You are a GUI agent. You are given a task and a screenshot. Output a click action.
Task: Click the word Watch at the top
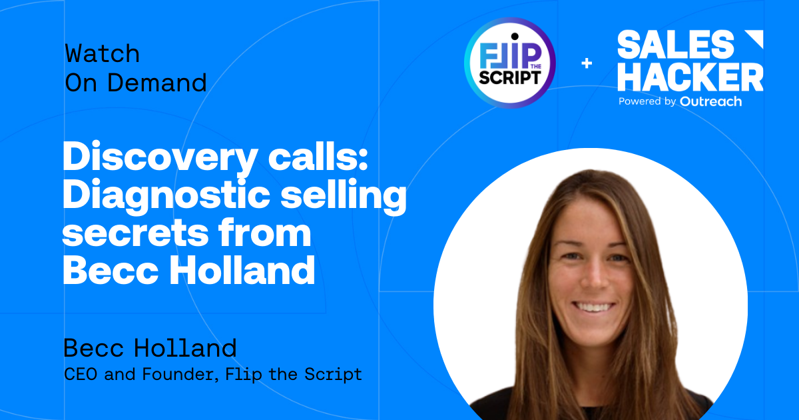[x=102, y=53]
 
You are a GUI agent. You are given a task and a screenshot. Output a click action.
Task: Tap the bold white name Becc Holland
[x=188, y=271]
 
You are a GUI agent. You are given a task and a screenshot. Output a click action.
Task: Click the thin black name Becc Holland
[x=150, y=348]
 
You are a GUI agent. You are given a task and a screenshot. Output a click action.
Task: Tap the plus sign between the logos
[x=587, y=63]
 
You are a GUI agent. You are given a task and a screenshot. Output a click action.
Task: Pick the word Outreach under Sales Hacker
[x=711, y=101]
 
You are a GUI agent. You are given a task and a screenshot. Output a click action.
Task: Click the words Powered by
[x=647, y=102]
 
